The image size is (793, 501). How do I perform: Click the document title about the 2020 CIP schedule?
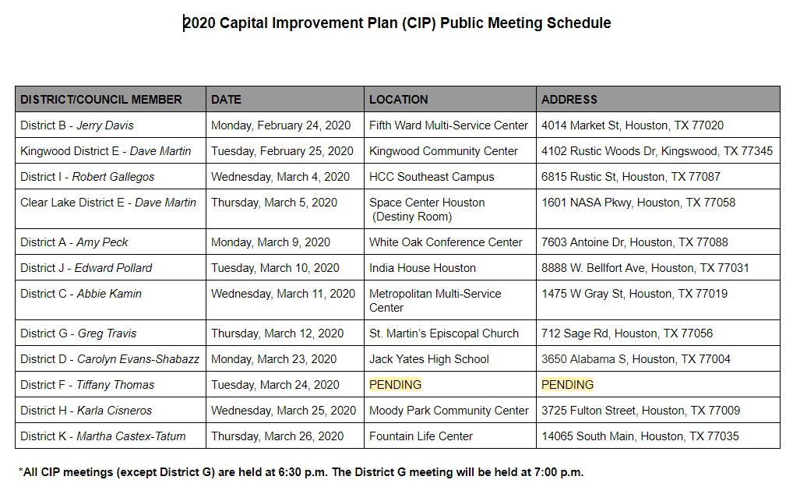(397, 23)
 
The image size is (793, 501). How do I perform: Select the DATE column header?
(226, 100)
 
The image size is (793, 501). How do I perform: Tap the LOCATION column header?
(398, 100)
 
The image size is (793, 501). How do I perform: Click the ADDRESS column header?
(569, 100)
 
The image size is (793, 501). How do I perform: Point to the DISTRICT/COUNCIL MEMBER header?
(101, 100)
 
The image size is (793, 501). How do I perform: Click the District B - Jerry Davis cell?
(77, 125)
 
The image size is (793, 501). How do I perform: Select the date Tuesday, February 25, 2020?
(282, 151)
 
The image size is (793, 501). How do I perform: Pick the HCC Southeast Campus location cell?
(432, 177)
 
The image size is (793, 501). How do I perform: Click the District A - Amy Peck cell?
(74, 242)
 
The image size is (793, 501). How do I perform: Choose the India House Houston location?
(422, 268)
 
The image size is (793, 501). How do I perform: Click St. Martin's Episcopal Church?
(444, 333)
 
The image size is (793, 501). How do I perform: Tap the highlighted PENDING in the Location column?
(395, 385)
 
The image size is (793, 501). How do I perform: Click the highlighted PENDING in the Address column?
(567, 385)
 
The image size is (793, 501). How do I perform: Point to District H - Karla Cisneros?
(86, 411)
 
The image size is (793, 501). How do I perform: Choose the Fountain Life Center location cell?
(421, 436)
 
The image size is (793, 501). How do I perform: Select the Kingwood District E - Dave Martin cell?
(105, 151)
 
